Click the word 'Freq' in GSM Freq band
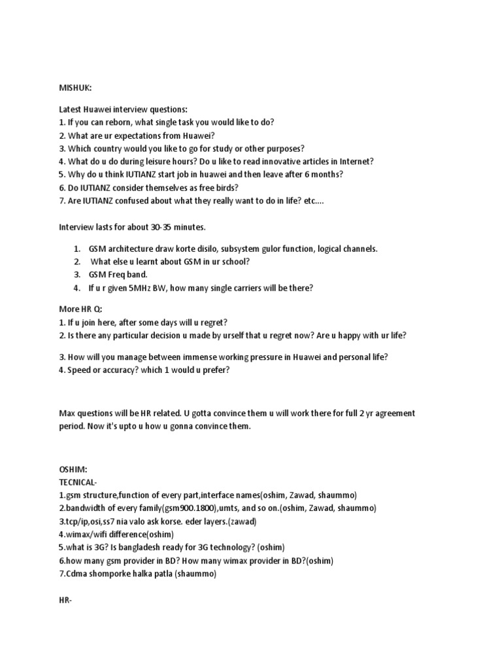[x=122, y=275]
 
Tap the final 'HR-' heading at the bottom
[x=64, y=599]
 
